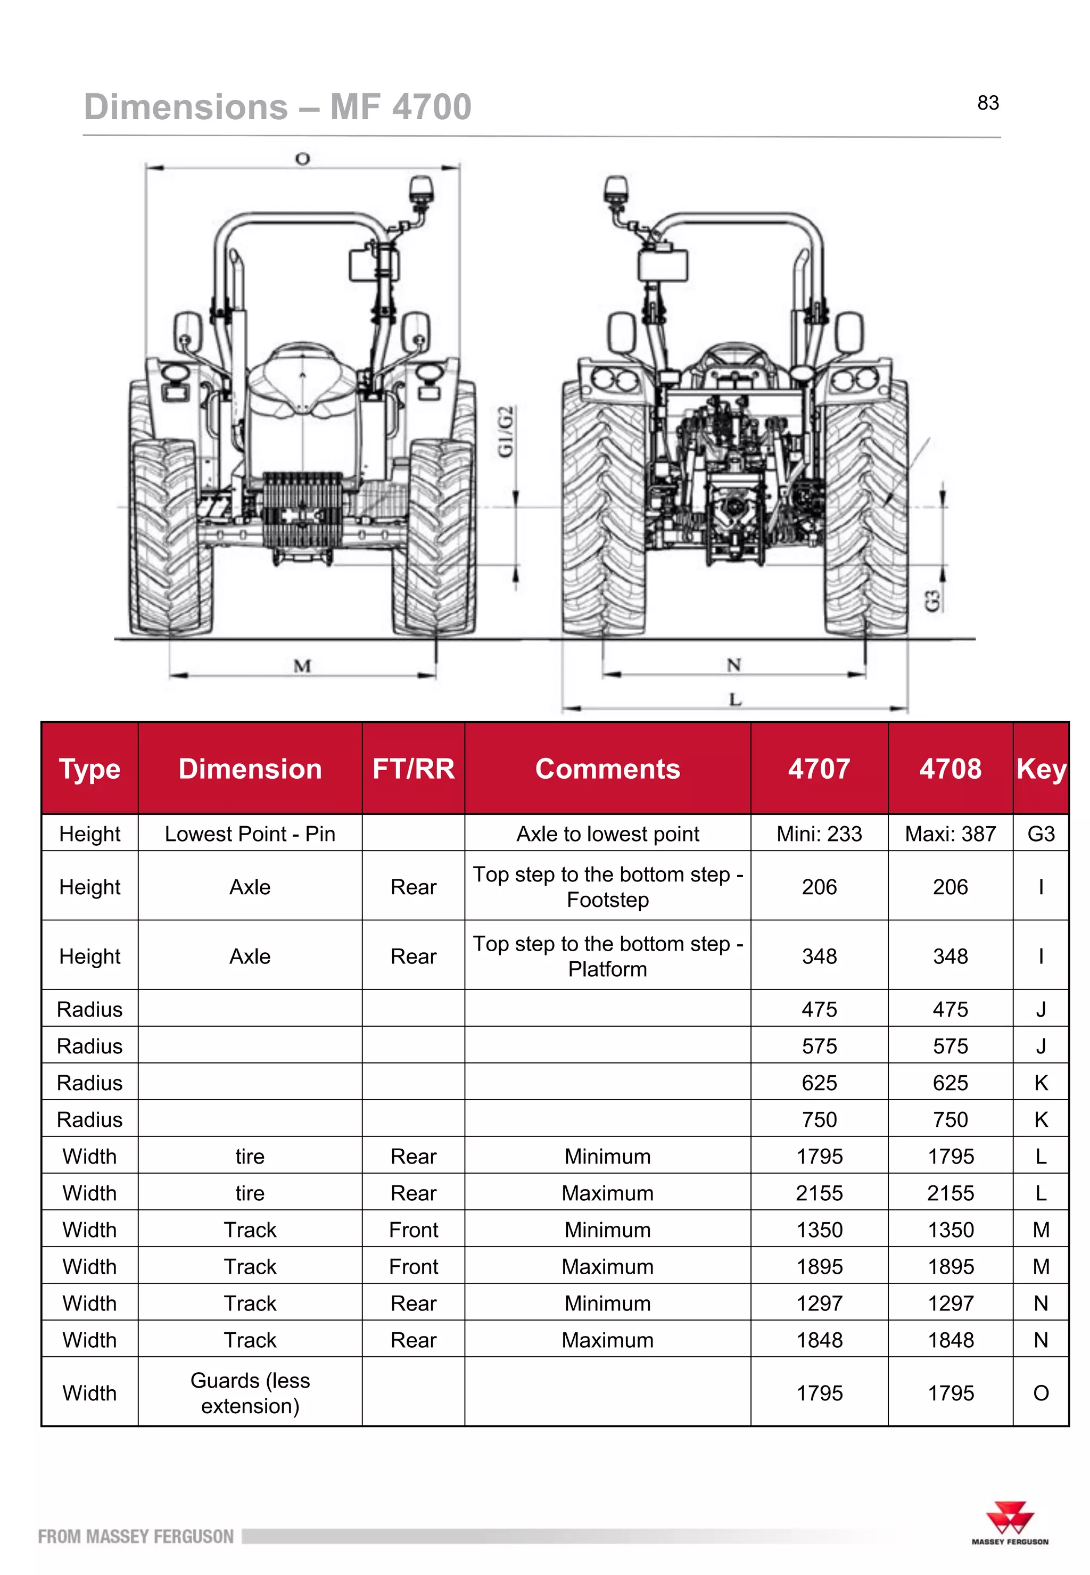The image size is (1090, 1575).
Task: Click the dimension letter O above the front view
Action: [x=302, y=159]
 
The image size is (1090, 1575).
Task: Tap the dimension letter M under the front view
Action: [x=302, y=665]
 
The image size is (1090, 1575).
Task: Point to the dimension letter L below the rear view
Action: [x=735, y=699]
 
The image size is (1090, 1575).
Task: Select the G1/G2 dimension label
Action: [x=506, y=431]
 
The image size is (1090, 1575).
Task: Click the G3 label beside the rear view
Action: [x=932, y=601]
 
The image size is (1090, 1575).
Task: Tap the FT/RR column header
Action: [x=413, y=769]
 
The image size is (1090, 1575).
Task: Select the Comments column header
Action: [x=607, y=769]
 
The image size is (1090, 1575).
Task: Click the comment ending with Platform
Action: [x=607, y=955]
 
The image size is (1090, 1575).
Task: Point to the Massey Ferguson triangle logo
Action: [x=1010, y=1517]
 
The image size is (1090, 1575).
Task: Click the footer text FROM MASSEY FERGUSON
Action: [x=135, y=1536]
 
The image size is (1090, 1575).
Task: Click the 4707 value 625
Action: [x=819, y=1083]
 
